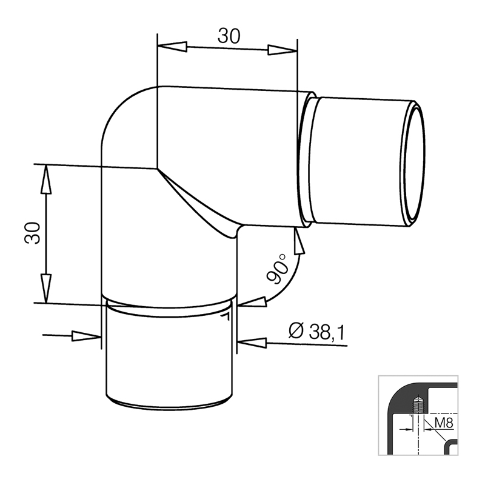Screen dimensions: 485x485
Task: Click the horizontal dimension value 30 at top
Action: pos(229,36)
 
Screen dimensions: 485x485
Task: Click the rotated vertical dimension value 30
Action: pos(33,233)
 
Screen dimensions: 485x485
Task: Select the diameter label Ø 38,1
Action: pos(316,331)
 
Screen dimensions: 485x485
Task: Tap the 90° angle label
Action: pos(277,269)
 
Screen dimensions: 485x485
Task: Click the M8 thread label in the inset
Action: pos(444,423)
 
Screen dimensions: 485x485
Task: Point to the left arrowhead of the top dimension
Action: pos(172,47)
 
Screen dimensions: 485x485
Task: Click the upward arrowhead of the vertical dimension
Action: pos(46,179)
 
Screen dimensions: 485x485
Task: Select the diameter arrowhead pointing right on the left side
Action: pos(86,336)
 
